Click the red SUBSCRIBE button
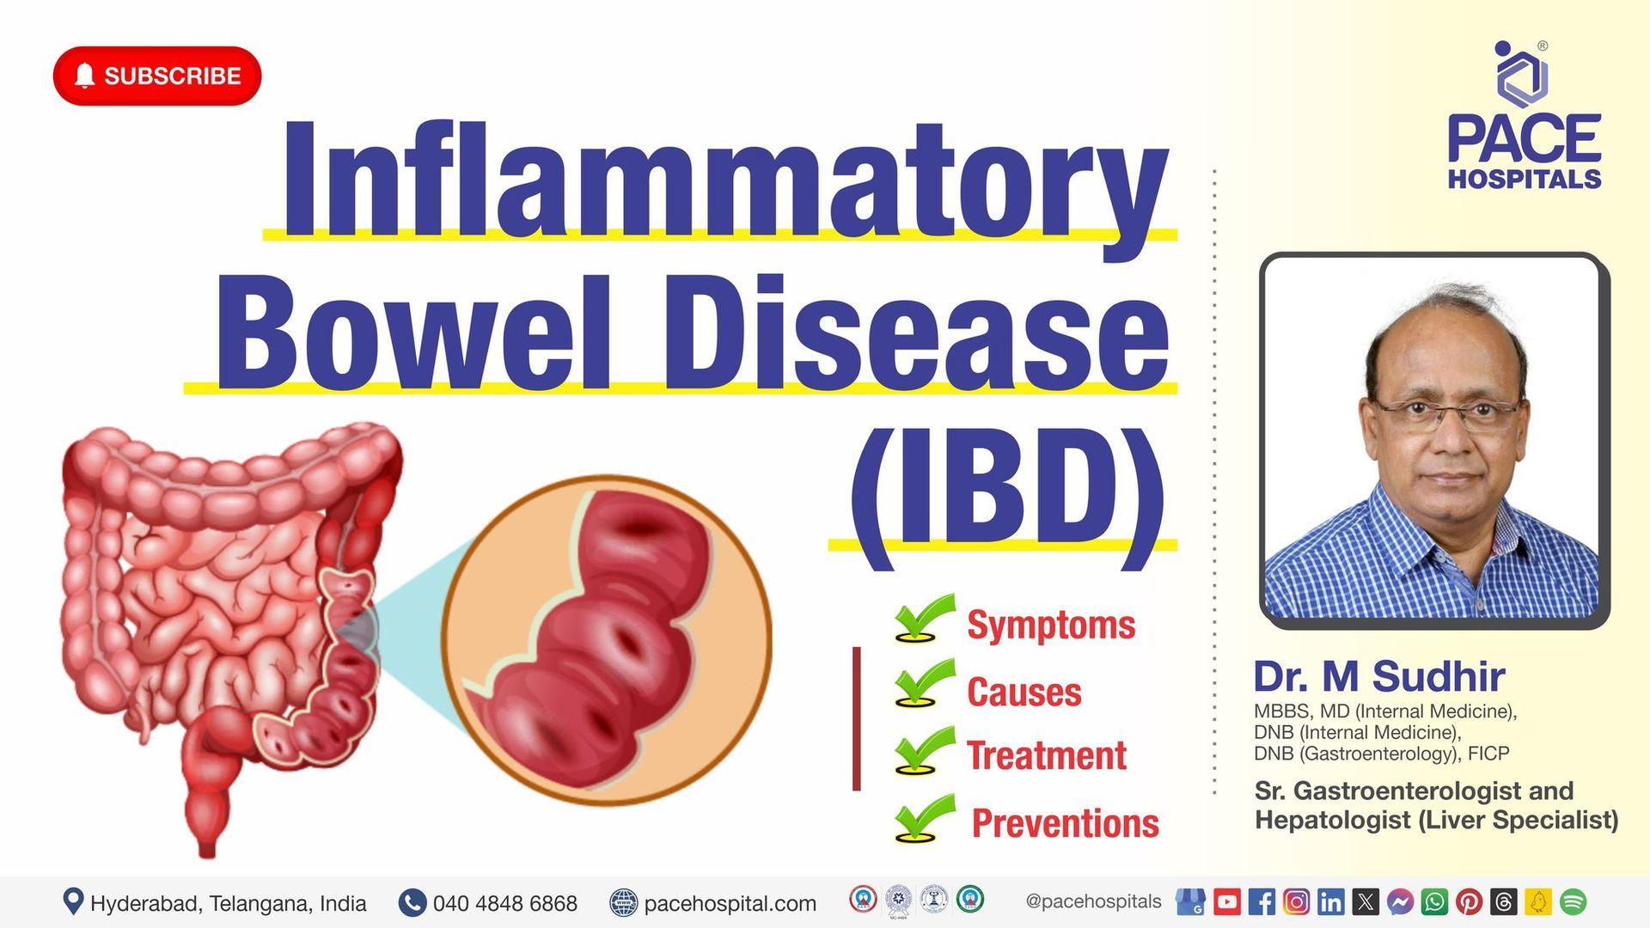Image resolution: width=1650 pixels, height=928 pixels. point(157,76)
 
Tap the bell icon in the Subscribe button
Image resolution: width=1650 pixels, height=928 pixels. point(84,76)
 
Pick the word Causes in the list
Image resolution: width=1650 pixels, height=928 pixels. point(1024,692)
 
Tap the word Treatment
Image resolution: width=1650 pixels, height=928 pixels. point(1046,756)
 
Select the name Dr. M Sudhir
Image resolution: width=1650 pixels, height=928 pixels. point(1378,676)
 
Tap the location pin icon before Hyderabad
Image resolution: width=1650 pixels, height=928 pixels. point(73,901)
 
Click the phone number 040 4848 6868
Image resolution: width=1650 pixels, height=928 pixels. point(504,903)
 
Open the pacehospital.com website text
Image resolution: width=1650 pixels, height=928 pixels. point(730,903)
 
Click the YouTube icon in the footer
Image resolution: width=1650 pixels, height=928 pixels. point(1226,901)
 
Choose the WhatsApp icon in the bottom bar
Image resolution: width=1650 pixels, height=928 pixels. point(1434,901)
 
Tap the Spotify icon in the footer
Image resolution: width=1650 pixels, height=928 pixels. point(1573,901)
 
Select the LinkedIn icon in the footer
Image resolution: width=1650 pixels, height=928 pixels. point(1330,901)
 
